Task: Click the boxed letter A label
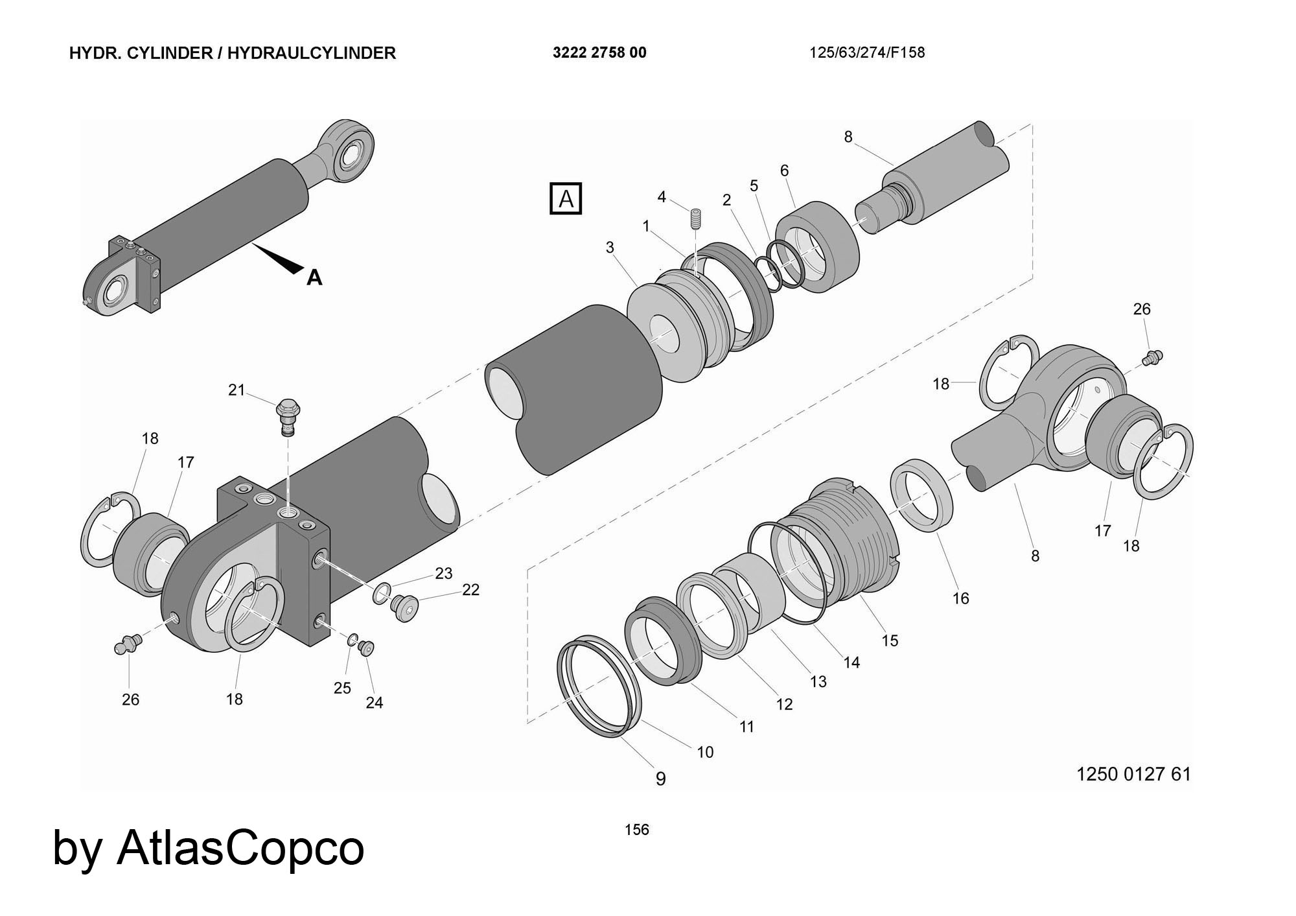click(566, 198)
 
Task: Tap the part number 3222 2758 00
click(599, 53)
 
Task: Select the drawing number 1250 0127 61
click(1133, 774)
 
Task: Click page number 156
click(636, 829)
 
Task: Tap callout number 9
click(660, 779)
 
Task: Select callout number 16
click(960, 598)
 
